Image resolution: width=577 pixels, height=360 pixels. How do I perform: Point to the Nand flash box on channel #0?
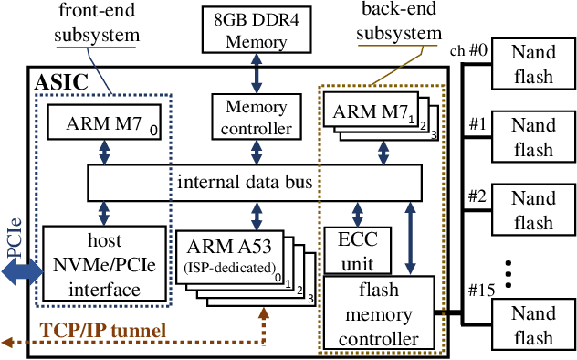(532, 64)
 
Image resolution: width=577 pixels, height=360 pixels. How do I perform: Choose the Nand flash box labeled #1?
(532, 136)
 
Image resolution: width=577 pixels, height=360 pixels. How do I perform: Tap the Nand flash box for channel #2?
(532, 209)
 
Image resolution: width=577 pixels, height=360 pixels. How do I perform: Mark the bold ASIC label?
(60, 83)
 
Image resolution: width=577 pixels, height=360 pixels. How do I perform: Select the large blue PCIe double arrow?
(19, 271)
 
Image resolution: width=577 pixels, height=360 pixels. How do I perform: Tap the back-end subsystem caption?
(397, 24)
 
